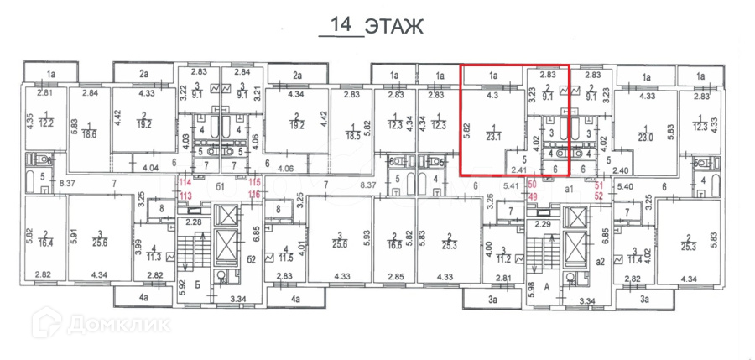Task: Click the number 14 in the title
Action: [341, 24]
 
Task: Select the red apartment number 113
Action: [185, 195]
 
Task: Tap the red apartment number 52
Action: [600, 196]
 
